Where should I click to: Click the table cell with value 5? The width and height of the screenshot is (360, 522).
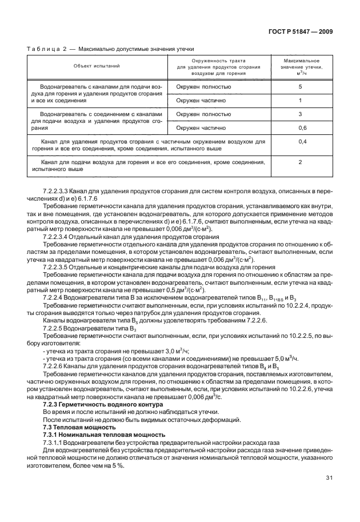click(300, 87)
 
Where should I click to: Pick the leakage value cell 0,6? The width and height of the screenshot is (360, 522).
click(300, 128)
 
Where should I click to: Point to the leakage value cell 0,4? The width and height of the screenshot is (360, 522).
click(300, 142)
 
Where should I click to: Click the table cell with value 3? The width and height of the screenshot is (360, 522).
click(300, 114)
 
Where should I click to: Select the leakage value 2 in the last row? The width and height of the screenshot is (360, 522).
click(300, 162)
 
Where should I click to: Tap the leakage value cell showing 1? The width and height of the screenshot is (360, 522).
click(300, 101)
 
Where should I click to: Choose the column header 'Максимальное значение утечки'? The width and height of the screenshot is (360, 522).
click(300, 67)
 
